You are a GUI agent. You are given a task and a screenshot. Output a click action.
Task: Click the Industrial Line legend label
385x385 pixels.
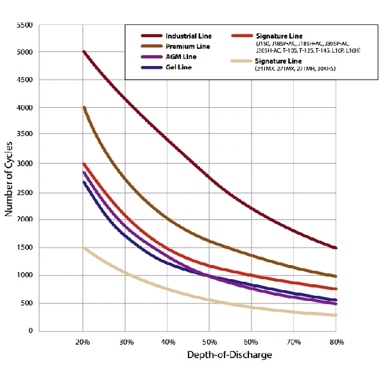(x=188, y=36)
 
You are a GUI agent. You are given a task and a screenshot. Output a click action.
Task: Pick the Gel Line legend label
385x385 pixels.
(x=179, y=67)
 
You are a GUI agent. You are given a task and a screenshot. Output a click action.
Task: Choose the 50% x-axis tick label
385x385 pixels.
(x=209, y=341)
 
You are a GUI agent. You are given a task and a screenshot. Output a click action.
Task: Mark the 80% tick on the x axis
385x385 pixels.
(x=336, y=341)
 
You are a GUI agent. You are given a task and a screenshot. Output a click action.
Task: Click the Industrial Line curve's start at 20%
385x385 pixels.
(x=84, y=52)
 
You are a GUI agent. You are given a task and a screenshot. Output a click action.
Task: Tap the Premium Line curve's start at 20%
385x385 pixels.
(x=84, y=107)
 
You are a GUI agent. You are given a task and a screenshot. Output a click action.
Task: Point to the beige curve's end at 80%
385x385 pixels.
(x=336, y=314)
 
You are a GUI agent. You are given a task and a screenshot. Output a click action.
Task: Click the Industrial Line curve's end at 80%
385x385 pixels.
(x=336, y=248)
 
